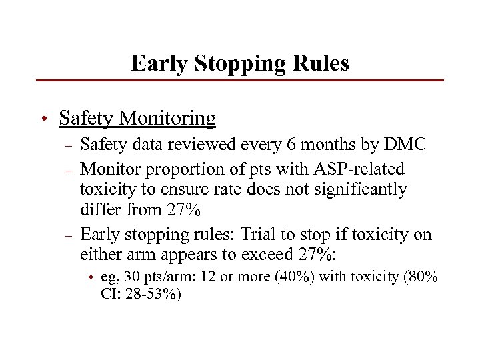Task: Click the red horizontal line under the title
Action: (240, 81)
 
